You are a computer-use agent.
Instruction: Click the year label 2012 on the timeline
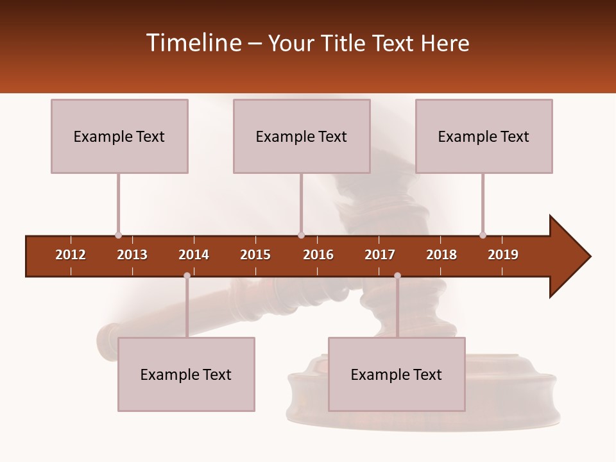pos(71,255)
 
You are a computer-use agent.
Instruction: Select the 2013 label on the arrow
pos(132,255)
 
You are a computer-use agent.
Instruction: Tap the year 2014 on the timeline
pos(194,255)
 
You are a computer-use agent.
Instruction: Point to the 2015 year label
pos(255,255)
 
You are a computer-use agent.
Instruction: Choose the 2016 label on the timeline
pos(318,255)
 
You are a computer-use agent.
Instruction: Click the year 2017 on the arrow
pos(380,255)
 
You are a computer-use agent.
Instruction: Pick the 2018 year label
pos(441,255)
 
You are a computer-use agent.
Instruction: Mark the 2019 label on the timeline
pos(503,255)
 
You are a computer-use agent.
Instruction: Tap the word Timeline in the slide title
pos(193,43)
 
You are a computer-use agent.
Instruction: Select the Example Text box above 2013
pos(119,136)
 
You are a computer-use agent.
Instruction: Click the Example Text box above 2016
pos(302,136)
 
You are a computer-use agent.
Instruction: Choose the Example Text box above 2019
pos(484,136)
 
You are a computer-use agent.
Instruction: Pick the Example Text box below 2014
pos(186,374)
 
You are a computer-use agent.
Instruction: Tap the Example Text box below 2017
pos(397,374)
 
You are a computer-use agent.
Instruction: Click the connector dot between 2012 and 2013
pos(118,235)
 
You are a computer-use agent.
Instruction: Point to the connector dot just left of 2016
pos(301,235)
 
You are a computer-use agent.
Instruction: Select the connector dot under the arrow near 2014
pos(187,276)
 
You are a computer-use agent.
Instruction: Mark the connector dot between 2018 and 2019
pos(483,235)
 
